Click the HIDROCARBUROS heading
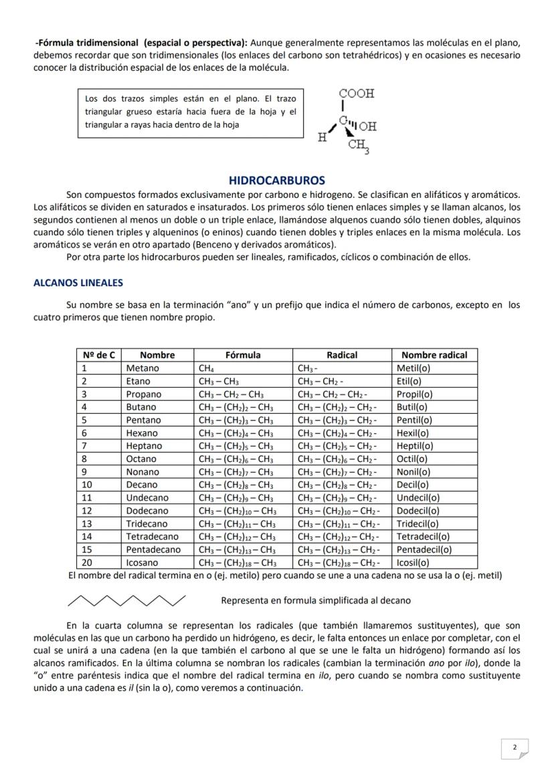pos(276,181)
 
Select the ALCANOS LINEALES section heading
pos(78,283)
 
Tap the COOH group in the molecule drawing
pos(357,94)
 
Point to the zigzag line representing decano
pos(127,600)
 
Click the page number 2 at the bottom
pos(515,748)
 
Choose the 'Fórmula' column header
pos(243,355)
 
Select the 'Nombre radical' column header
pos(434,355)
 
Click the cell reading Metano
pos(143,368)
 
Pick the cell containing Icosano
pos(143,562)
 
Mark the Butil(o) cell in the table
pos(412,407)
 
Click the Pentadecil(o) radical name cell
pos(424,550)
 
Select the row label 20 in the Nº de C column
pos(87,562)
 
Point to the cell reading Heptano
pos(144,445)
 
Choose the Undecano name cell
pos(147,497)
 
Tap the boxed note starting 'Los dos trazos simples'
pos(190,112)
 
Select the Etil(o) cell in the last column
pos(409,381)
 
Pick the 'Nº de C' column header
pos(98,355)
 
